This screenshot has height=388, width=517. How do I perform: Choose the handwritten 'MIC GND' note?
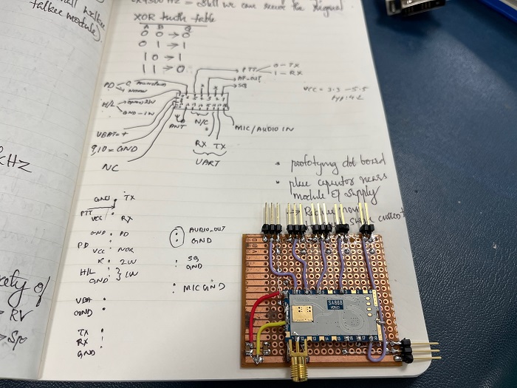click(205, 286)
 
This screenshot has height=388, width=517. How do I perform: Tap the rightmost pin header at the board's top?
click(363, 217)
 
